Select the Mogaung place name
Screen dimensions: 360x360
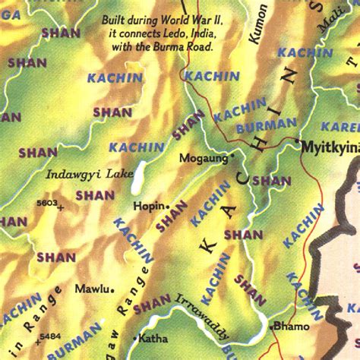[203, 158]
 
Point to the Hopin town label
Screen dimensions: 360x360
[148, 206]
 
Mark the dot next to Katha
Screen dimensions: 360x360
[135, 336]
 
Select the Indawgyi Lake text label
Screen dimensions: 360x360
[79, 174]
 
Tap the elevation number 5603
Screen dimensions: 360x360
[48, 202]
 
